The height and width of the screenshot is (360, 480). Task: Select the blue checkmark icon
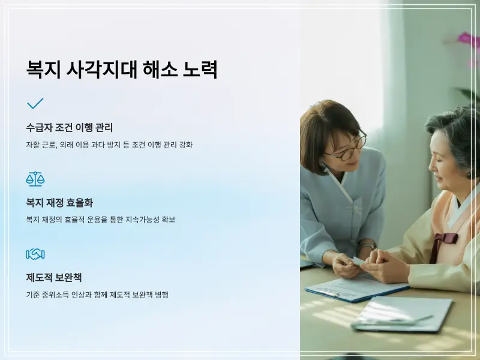[35, 103]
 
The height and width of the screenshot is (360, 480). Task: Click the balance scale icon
[35, 178]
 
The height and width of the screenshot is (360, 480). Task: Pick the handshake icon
[35, 254]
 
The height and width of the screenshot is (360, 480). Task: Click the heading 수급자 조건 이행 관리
[70, 128]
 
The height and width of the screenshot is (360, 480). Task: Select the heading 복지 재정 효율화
[59, 203]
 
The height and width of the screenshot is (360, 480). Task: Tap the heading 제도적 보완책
[54, 278]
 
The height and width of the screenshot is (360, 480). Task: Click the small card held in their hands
[359, 262]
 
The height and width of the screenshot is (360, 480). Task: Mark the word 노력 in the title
[201, 70]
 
